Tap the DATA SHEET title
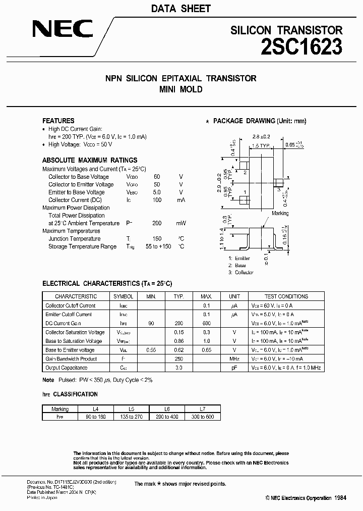click(x=180, y=9)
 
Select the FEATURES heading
click(x=58, y=121)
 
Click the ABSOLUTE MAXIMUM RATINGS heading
click(x=90, y=160)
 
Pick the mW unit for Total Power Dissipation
click(x=180, y=223)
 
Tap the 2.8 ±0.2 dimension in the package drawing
click(x=262, y=137)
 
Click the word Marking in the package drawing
click(x=280, y=214)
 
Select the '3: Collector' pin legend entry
click(x=240, y=272)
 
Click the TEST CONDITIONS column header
click(x=286, y=296)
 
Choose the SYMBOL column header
click(x=123, y=296)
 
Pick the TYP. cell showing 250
click(x=178, y=359)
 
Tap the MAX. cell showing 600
click(x=206, y=323)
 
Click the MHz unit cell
click(x=234, y=359)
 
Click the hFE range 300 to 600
click(x=202, y=417)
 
